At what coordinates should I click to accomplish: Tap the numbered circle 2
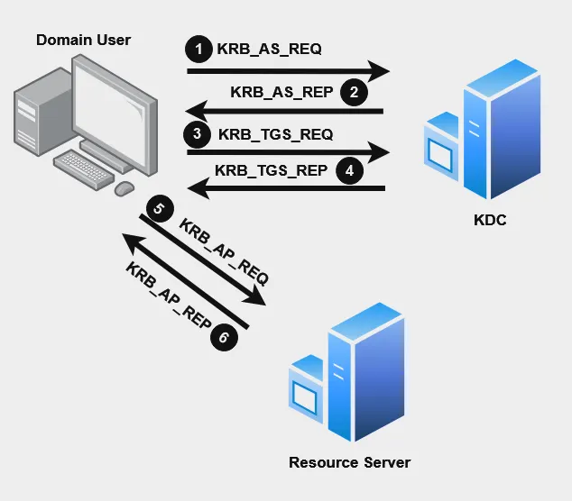pyautogui.click(x=355, y=91)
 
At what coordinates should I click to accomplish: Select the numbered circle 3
pyautogui.click(x=197, y=134)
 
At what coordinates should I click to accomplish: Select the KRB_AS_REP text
pyautogui.click(x=281, y=91)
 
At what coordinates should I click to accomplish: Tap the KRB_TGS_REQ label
pyautogui.click(x=275, y=134)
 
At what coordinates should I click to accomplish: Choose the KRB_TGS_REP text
pyautogui.click(x=272, y=169)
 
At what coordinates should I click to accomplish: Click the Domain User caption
pyautogui.click(x=83, y=39)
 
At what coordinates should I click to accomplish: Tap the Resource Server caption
pyautogui.click(x=349, y=462)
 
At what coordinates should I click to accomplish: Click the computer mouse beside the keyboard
pyautogui.click(x=124, y=187)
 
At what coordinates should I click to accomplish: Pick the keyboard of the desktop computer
pyautogui.click(x=88, y=166)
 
